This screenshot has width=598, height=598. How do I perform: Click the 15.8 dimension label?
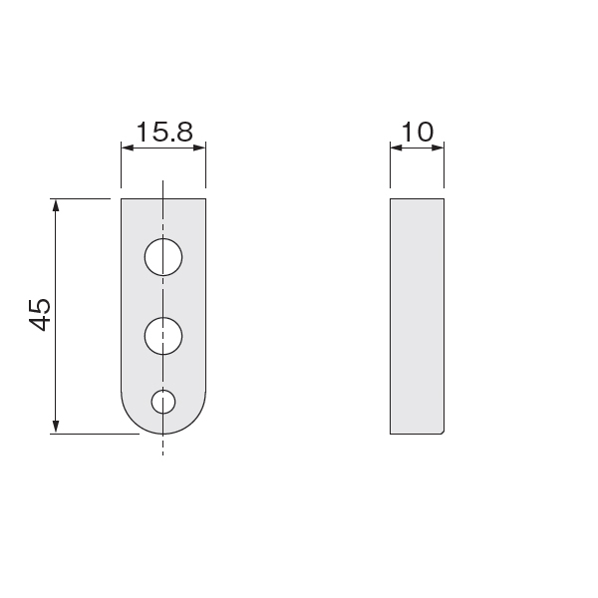click(x=164, y=132)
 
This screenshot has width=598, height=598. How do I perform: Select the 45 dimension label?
click(x=40, y=315)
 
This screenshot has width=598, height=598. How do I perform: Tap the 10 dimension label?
click(x=418, y=132)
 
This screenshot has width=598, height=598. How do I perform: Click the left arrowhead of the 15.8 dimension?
click(x=128, y=148)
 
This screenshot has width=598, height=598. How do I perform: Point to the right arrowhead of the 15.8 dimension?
click(x=200, y=148)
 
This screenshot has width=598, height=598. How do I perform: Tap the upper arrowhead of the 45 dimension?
click(x=56, y=205)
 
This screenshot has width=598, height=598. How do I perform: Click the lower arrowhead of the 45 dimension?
click(x=56, y=428)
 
